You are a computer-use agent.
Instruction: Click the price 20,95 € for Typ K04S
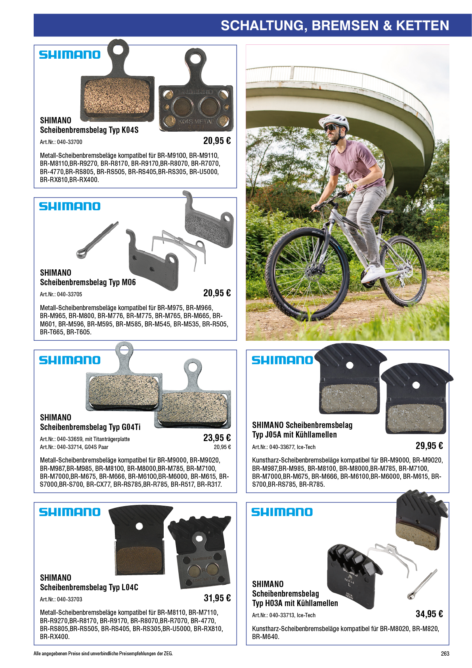(x=217, y=140)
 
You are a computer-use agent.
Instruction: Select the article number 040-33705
(x=69, y=294)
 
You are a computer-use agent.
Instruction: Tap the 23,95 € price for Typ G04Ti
(x=217, y=438)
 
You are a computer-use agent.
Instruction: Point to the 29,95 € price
(x=429, y=445)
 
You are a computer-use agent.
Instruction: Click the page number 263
(x=445, y=654)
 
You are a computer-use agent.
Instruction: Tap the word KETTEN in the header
(x=422, y=25)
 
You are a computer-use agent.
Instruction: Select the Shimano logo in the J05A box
(x=282, y=360)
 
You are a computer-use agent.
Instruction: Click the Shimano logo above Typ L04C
(x=70, y=512)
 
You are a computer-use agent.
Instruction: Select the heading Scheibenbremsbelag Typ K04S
(x=89, y=131)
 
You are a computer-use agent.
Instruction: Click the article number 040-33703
(x=69, y=599)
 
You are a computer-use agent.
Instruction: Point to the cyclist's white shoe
(x=371, y=274)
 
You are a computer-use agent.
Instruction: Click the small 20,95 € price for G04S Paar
(x=222, y=447)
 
